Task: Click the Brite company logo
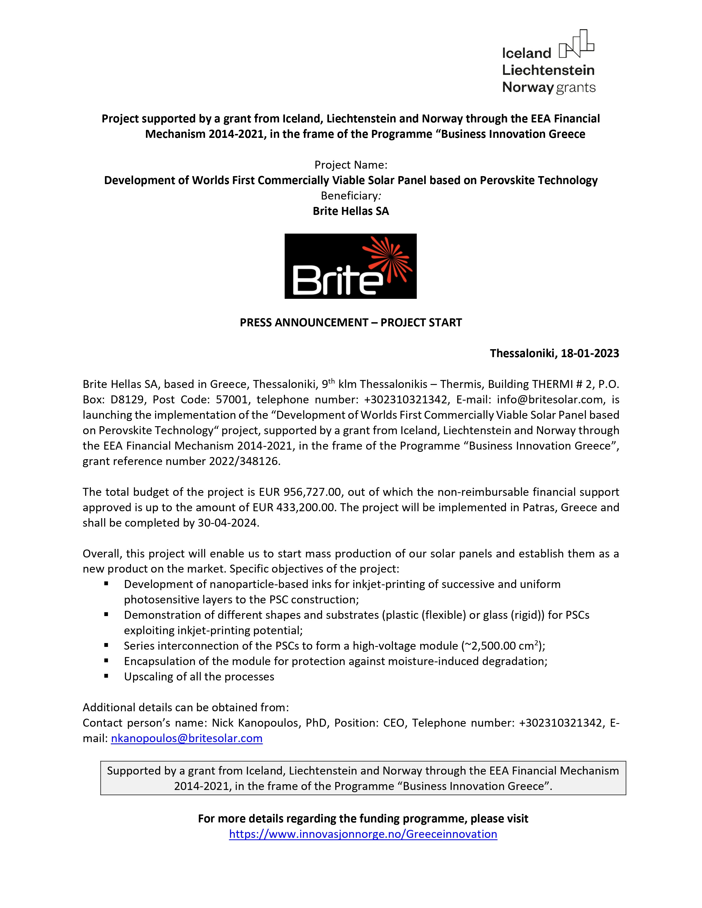[x=350, y=266]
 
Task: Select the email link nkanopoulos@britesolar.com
[x=187, y=738]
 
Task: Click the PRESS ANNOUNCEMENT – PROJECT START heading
[x=350, y=323]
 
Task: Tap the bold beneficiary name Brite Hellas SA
[x=350, y=211]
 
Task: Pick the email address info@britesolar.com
[x=550, y=400]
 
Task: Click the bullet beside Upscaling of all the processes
[x=107, y=676]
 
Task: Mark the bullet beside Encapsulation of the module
[x=107, y=661]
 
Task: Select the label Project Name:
[x=350, y=165]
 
